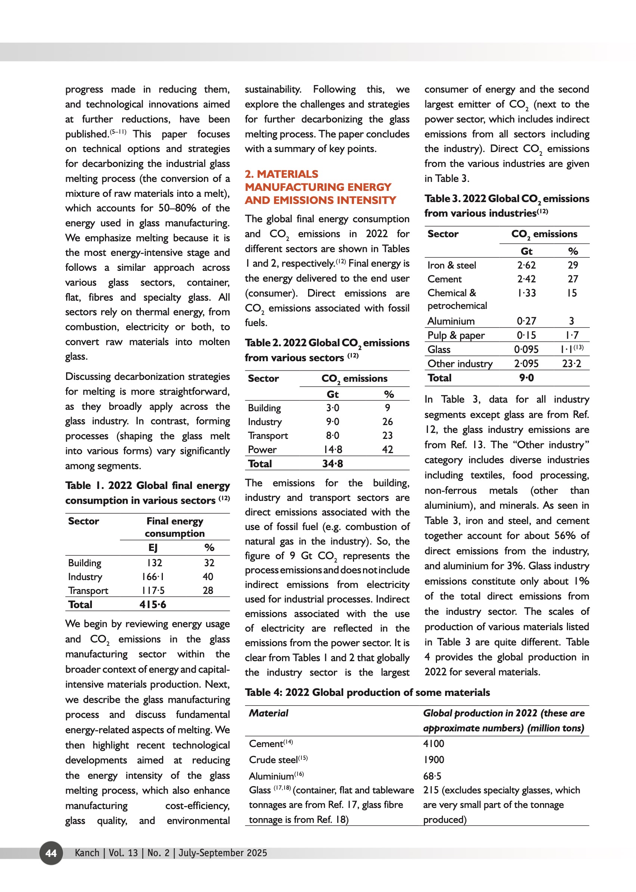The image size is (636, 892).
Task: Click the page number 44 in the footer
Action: [51, 853]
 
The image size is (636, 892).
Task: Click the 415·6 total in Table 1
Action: [153, 604]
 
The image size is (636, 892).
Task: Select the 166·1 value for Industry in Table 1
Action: [153, 577]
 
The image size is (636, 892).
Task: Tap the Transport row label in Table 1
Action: [88, 590]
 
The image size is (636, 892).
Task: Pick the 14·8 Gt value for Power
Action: [332, 449]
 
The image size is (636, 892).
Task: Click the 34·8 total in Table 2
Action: [332, 464]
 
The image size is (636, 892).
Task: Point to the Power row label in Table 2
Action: [262, 450]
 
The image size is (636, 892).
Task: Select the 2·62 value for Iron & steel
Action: [526, 265]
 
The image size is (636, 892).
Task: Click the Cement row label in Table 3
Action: [444, 279]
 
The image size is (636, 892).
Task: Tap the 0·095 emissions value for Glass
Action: [526, 349]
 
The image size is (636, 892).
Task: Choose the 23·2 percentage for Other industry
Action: [571, 363]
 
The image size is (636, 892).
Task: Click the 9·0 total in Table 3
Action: [526, 378]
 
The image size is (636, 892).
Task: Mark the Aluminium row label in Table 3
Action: [451, 321]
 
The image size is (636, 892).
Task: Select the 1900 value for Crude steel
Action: [434, 760]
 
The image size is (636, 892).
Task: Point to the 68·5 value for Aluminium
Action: [432, 776]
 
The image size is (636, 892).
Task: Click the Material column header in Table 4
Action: [269, 713]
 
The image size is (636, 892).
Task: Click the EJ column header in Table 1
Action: [153, 547]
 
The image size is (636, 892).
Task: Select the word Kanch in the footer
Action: [87, 853]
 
